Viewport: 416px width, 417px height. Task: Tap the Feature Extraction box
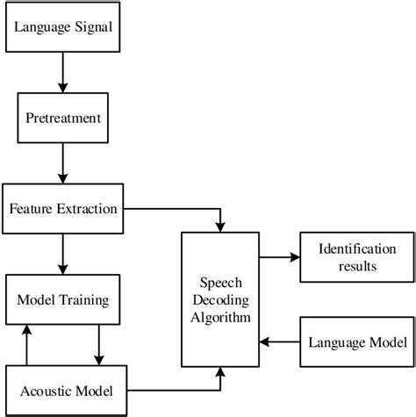pyautogui.click(x=63, y=210)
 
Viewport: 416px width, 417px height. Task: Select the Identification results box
pyautogui.click(x=355, y=256)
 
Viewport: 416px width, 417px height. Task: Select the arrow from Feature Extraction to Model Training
pyautogui.click(x=63, y=255)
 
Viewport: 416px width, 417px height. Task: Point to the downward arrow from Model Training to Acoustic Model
pyautogui.click(x=97, y=343)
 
